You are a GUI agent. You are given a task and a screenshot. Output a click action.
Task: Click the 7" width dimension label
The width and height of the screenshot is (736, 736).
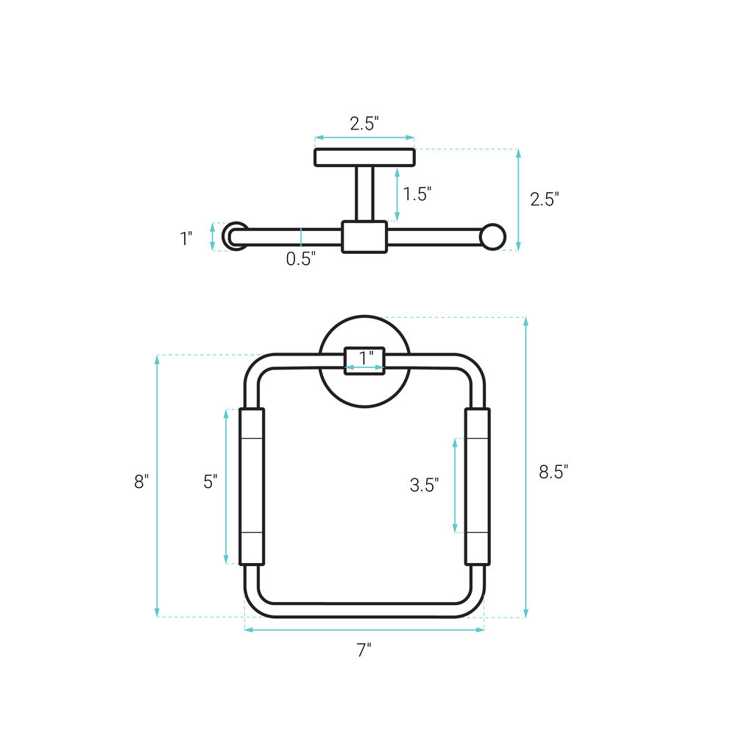[364, 650]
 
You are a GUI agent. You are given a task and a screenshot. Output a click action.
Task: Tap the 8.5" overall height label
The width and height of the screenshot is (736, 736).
[553, 471]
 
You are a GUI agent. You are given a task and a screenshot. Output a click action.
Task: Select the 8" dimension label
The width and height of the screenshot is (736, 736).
[141, 481]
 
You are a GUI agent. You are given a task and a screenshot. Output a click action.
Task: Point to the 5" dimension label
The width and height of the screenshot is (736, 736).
[210, 481]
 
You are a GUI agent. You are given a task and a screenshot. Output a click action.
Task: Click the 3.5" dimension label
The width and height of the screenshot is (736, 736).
[425, 485]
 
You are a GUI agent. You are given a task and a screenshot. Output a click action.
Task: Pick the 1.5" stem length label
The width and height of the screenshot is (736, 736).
[417, 194]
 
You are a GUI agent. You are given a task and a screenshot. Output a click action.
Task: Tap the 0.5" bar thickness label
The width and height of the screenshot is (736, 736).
[301, 258]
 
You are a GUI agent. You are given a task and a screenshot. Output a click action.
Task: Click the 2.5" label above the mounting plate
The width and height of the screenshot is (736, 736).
[364, 124]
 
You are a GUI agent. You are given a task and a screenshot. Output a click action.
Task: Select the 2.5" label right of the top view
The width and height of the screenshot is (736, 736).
[545, 199]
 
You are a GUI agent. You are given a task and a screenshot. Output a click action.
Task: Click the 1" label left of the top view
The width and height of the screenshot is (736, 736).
[186, 238]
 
